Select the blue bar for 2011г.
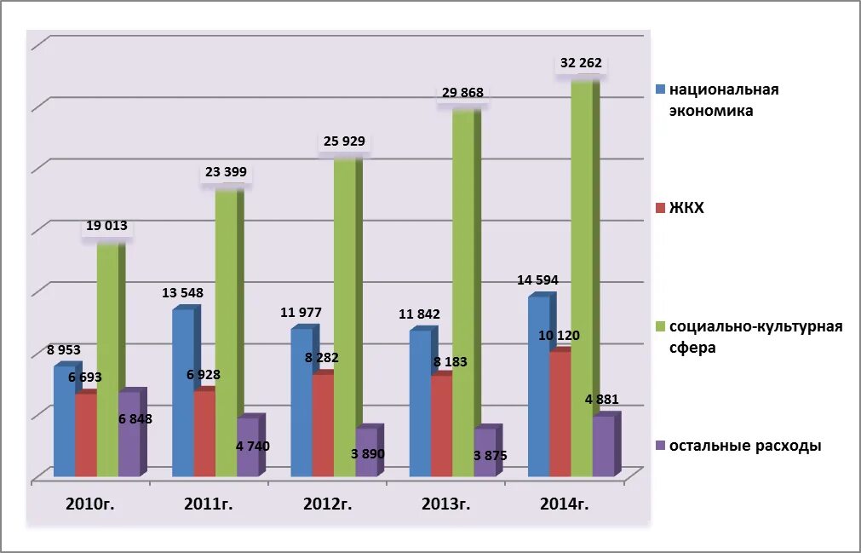pyautogui.click(x=183, y=392)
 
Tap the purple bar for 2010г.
pyautogui.click(x=129, y=435)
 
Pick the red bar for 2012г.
pyautogui.click(x=323, y=426)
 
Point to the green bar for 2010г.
pyautogui.click(x=107, y=358)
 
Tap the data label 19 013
pyautogui.click(x=106, y=227)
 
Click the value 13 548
pyautogui.click(x=182, y=294)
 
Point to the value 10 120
pyautogui.click(x=559, y=335)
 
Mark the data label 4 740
pyautogui.click(x=253, y=446)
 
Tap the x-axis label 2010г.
pyautogui.click(x=90, y=504)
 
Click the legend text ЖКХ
pyautogui.click(x=686, y=208)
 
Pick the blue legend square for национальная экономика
pyautogui.click(x=660, y=89)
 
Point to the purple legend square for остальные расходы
pyautogui.click(x=660, y=446)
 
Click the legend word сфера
pyautogui.click(x=692, y=348)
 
